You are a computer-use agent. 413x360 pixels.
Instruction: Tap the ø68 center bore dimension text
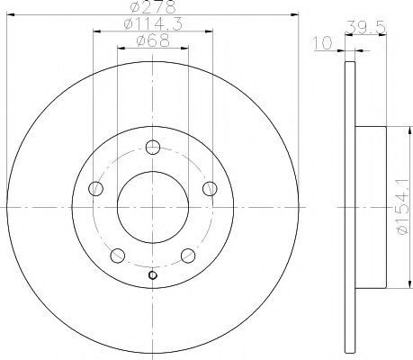[152, 41]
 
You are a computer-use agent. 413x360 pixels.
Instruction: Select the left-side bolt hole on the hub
[96, 189]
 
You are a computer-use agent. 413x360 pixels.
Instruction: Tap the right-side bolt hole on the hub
[210, 188]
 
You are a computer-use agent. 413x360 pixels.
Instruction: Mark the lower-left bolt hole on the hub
[118, 256]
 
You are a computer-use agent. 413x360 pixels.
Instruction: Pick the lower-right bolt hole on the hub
[188, 256]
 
